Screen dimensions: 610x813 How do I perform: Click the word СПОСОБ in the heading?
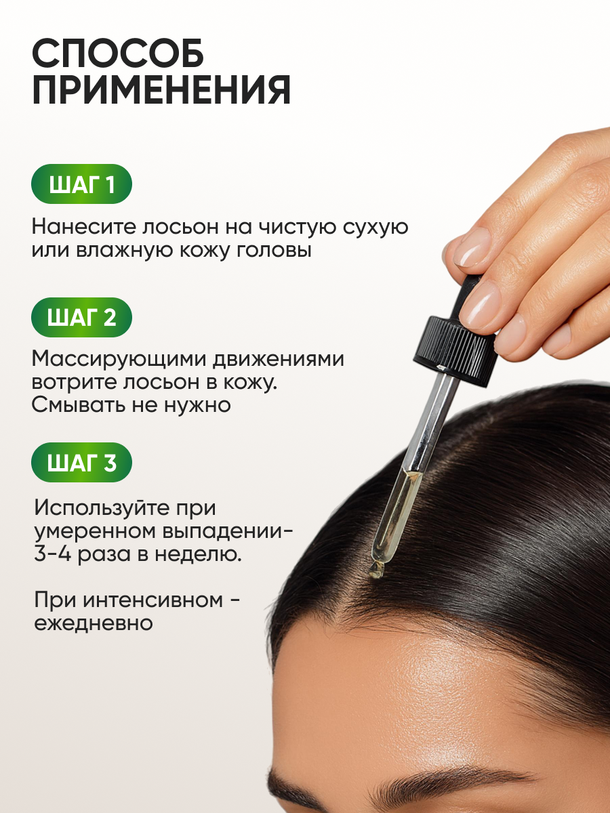click(x=118, y=53)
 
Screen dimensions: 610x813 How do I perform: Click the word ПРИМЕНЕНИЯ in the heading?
click(x=161, y=90)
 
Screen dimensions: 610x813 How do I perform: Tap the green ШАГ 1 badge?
click(x=81, y=184)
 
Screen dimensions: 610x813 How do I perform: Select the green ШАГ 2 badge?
click(x=81, y=318)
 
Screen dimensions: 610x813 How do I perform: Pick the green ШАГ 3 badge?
click(x=81, y=462)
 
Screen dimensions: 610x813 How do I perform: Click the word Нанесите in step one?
click(x=84, y=226)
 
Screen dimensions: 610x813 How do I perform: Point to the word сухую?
click(x=375, y=227)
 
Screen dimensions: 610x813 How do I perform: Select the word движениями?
click(x=278, y=359)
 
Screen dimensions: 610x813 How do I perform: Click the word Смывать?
click(x=79, y=405)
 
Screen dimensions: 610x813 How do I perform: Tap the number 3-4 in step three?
click(x=53, y=554)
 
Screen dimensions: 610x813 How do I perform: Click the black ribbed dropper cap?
click(x=454, y=352)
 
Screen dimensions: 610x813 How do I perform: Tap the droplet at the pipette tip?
click(x=375, y=570)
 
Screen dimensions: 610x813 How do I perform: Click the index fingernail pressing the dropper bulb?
click(x=472, y=247)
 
